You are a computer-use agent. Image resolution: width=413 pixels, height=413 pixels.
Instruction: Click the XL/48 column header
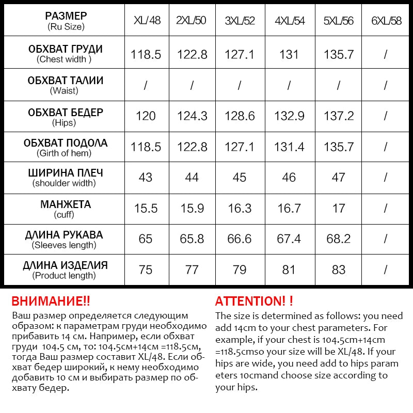pyautogui.click(x=147, y=21)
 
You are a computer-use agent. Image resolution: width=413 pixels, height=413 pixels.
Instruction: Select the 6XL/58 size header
pyautogui.click(x=386, y=21)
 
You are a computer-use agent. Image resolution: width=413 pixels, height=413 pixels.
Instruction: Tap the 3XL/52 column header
pyautogui.click(x=240, y=21)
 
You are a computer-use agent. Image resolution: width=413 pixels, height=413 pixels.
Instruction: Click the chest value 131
pyautogui.click(x=289, y=54)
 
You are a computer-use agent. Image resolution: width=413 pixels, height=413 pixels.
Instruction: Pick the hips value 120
pyautogui.click(x=146, y=116)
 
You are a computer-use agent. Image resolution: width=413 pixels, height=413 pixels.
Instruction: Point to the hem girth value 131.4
pyautogui.click(x=289, y=147)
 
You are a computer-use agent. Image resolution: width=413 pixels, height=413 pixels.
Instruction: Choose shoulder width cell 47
pyautogui.click(x=338, y=177)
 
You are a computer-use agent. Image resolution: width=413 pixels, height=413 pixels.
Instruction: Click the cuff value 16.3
pyautogui.click(x=240, y=208)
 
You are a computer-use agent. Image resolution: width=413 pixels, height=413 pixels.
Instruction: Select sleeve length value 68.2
pyautogui.click(x=338, y=239)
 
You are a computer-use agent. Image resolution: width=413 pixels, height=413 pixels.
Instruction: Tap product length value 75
pyautogui.click(x=146, y=269)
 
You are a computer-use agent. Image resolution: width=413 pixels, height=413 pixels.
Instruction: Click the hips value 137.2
pyautogui.click(x=338, y=116)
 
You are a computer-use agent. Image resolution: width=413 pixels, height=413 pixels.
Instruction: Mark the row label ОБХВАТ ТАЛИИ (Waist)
pyautogui.click(x=65, y=85)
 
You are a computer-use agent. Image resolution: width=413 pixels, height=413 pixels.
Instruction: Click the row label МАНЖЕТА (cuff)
pyautogui.click(x=65, y=209)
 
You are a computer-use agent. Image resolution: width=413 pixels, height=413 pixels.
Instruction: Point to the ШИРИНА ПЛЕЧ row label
pyautogui.click(x=65, y=178)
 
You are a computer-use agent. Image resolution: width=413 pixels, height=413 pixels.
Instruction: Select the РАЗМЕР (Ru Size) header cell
pyautogui.click(x=65, y=21)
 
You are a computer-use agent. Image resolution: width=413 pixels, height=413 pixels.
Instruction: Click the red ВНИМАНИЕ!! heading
pyautogui.click(x=51, y=301)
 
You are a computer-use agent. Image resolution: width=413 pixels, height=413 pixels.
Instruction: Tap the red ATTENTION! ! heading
pyautogui.click(x=254, y=301)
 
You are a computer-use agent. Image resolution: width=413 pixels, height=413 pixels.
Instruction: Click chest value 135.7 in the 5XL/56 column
pyautogui.click(x=338, y=54)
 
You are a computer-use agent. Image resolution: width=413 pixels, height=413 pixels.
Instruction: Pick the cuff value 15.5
pyautogui.click(x=146, y=208)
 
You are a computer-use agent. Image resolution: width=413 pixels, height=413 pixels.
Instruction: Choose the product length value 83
pyautogui.click(x=338, y=269)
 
